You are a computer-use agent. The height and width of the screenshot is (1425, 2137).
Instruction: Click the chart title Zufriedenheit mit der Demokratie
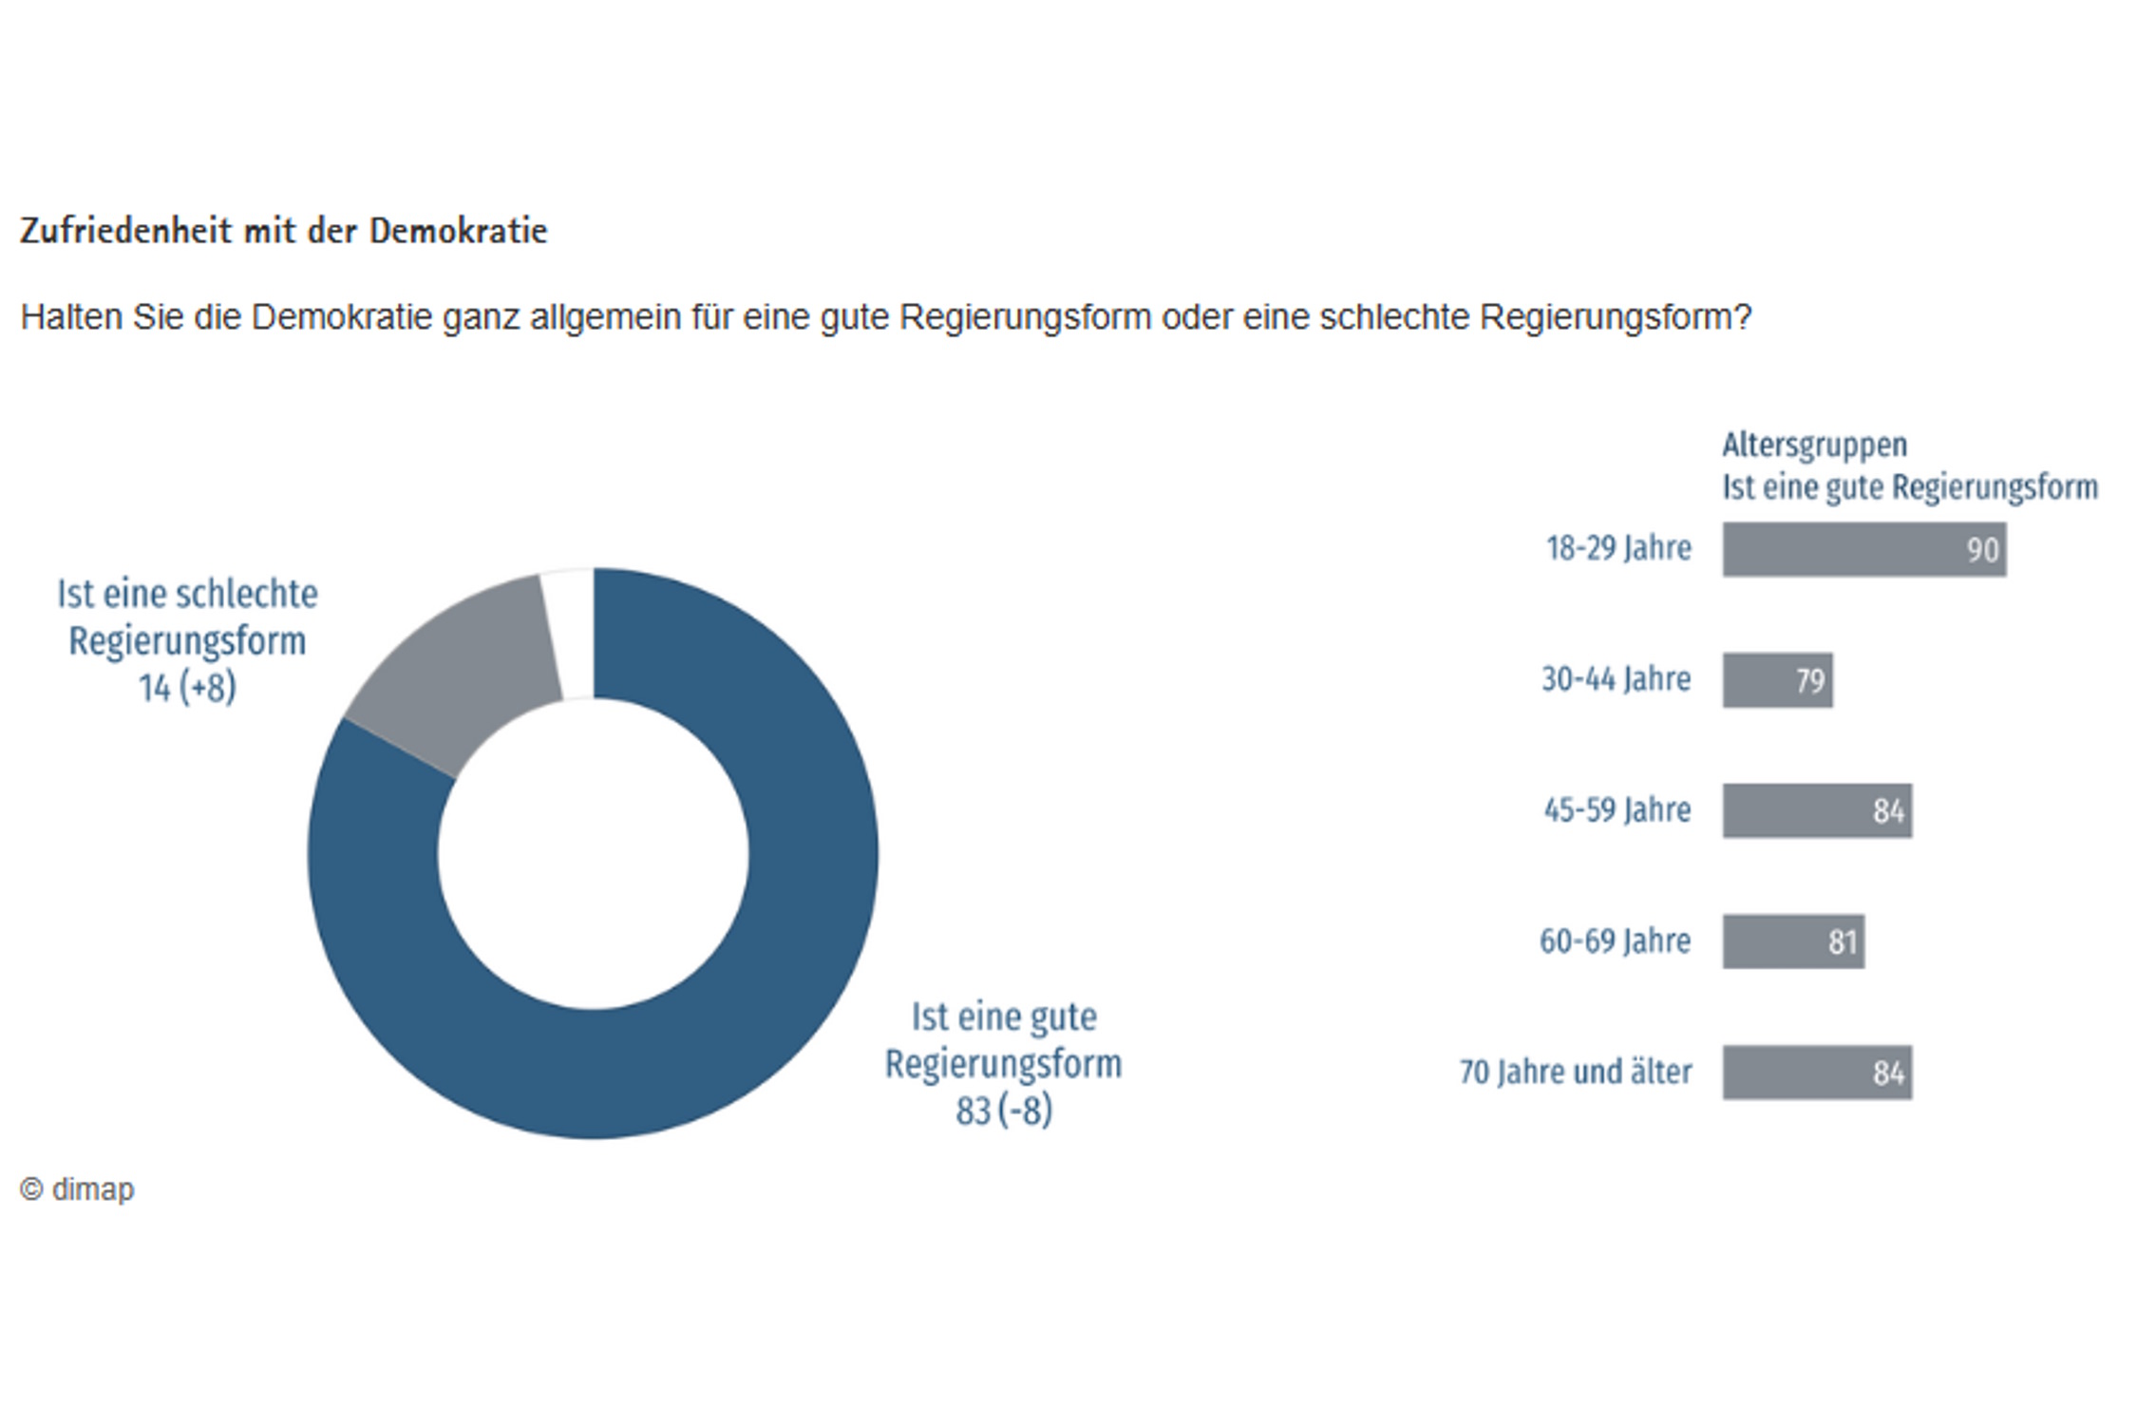tap(283, 231)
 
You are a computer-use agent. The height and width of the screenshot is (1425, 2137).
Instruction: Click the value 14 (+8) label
tap(187, 688)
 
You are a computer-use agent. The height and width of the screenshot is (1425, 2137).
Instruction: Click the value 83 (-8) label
tap(1004, 1110)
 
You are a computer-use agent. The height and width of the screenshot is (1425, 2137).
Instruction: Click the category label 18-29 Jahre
tap(1618, 548)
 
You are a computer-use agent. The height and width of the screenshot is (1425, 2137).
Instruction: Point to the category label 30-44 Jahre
tap(1616, 679)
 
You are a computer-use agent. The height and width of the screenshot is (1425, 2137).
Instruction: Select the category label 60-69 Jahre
tap(1615, 941)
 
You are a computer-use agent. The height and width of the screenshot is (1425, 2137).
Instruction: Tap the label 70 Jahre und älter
tap(1575, 1073)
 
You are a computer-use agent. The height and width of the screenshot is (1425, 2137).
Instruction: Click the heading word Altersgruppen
tap(1814, 445)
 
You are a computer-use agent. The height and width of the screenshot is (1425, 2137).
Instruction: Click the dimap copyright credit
tap(78, 1189)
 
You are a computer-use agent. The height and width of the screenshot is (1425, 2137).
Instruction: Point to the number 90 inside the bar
tap(1982, 550)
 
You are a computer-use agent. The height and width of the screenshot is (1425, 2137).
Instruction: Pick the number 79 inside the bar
tap(1809, 681)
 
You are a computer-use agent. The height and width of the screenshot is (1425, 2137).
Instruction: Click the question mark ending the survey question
tap(1742, 317)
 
